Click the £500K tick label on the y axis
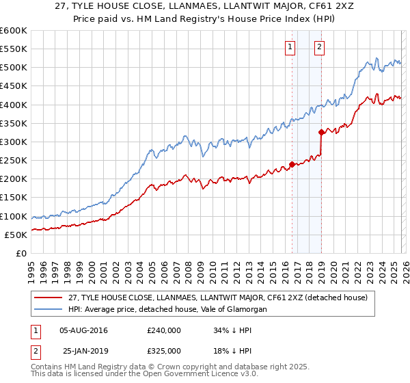[13, 68]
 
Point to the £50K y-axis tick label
[15, 235]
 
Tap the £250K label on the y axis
[13, 161]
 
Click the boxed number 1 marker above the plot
[290, 47]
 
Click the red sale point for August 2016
[292, 164]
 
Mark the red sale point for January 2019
[321, 133]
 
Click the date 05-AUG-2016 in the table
[84, 330]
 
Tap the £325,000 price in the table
[164, 351]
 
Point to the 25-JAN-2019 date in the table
[84, 351]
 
